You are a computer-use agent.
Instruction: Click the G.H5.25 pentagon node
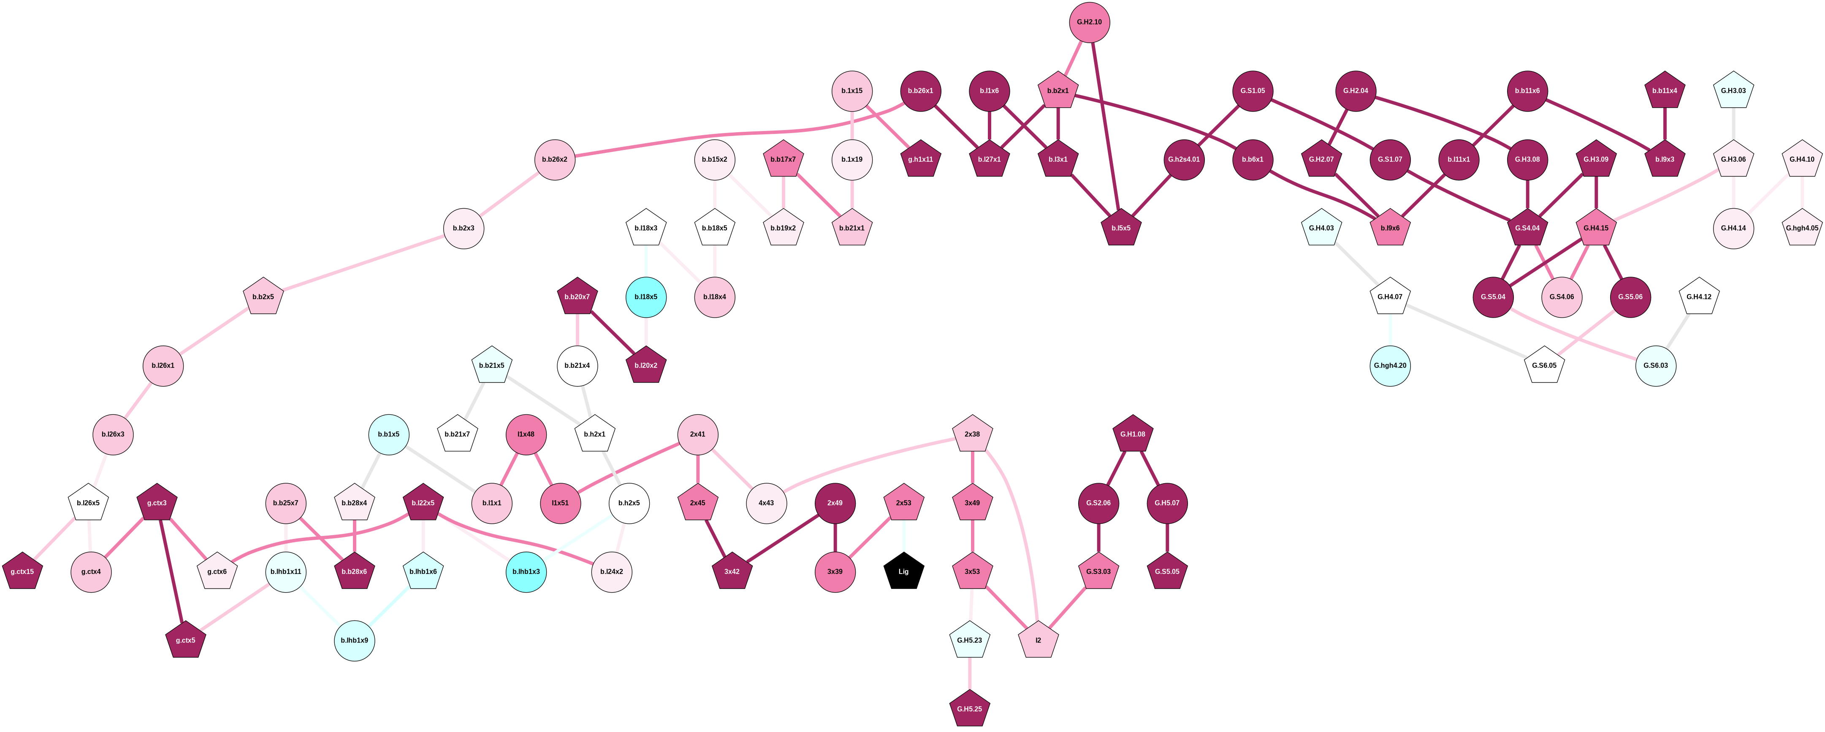click(969, 709)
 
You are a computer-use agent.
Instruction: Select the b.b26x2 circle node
click(555, 159)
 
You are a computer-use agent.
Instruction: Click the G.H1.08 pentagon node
click(1133, 434)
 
